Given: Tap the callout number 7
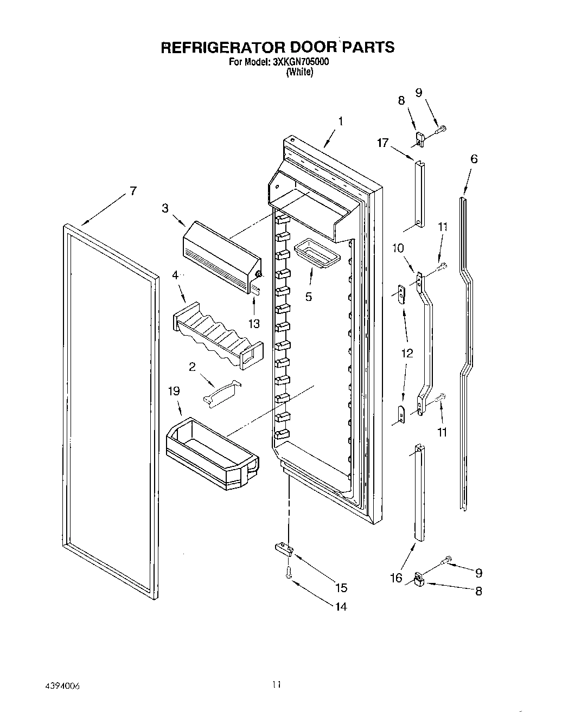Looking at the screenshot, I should tap(133, 191).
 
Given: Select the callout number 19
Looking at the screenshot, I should tap(174, 391).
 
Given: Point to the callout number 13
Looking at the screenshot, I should tap(254, 324).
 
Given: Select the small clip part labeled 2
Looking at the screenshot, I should tap(222, 391).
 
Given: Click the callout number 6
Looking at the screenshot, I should tap(474, 159).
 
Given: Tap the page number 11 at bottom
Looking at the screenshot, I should tap(276, 685).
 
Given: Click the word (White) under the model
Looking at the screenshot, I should tap(299, 72).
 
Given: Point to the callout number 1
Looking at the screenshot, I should tap(340, 121).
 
